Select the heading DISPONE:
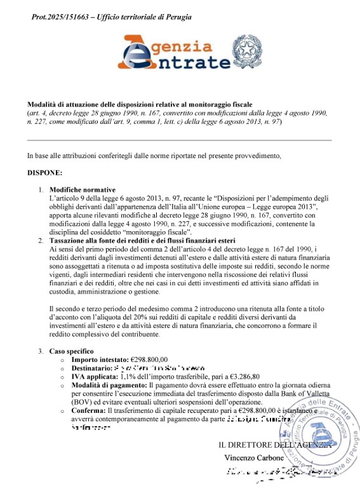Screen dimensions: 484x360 click(x=44, y=172)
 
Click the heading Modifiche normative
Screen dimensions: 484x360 click(x=83, y=190)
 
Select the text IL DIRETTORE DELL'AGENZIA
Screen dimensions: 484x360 click(x=275, y=445)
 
